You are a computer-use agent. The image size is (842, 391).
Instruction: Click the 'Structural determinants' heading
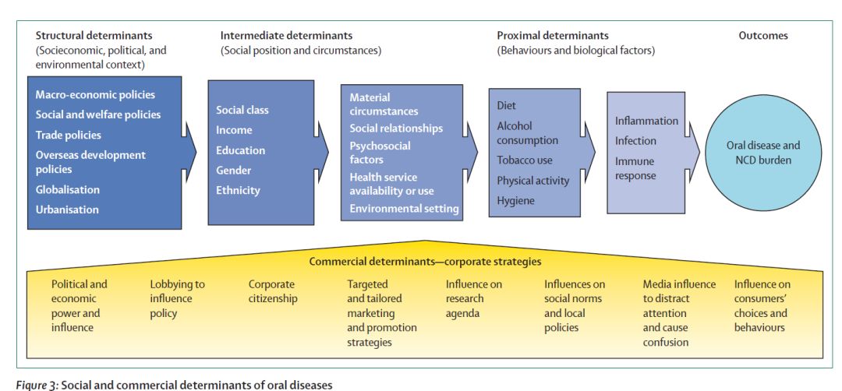click(94, 35)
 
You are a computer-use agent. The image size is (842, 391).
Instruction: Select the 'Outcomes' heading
click(762, 35)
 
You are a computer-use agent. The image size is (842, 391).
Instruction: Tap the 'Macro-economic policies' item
click(95, 95)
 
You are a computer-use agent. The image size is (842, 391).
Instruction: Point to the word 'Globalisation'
click(67, 189)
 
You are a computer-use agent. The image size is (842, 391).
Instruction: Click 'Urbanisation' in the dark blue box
click(67, 210)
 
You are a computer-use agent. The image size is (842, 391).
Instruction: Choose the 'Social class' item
click(242, 110)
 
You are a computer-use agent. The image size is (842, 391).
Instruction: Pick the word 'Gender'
click(234, 170)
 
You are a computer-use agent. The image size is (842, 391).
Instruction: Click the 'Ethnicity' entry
click(238, 190)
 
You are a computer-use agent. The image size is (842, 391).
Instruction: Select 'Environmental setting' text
click(404, 209)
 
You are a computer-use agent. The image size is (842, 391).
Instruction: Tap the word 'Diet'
click(507, 105)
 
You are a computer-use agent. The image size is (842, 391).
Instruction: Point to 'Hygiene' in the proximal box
click(517, 200)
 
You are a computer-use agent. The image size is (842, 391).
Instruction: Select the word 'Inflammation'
click(646, 121)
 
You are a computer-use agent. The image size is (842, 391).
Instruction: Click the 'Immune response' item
click(635, 168)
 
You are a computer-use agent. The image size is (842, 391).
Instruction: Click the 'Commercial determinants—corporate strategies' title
click(425, 261)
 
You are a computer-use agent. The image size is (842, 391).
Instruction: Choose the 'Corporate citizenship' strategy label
click(273, 291)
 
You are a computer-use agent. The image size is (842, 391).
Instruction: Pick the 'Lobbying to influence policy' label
click(177, 298)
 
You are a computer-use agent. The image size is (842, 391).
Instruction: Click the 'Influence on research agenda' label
click(473, 298)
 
